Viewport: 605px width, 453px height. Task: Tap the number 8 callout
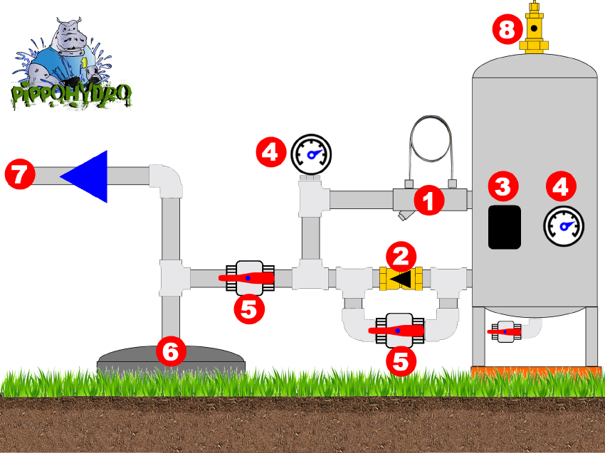[506, 31]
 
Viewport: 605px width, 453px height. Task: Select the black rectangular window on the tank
[505, 227]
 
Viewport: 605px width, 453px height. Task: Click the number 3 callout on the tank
[503, 186]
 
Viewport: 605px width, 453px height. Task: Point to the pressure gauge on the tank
[564, 225]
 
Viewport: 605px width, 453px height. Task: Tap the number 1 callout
[428, 201]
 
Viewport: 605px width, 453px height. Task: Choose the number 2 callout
[401, 256]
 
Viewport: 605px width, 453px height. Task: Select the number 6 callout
[170, 351]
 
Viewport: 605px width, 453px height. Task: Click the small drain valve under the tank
[507, 331]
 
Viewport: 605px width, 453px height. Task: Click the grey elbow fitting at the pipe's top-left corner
[164, 181]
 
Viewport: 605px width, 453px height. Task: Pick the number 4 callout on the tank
[561, 186]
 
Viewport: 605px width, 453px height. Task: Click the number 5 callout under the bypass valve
[401, 362]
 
